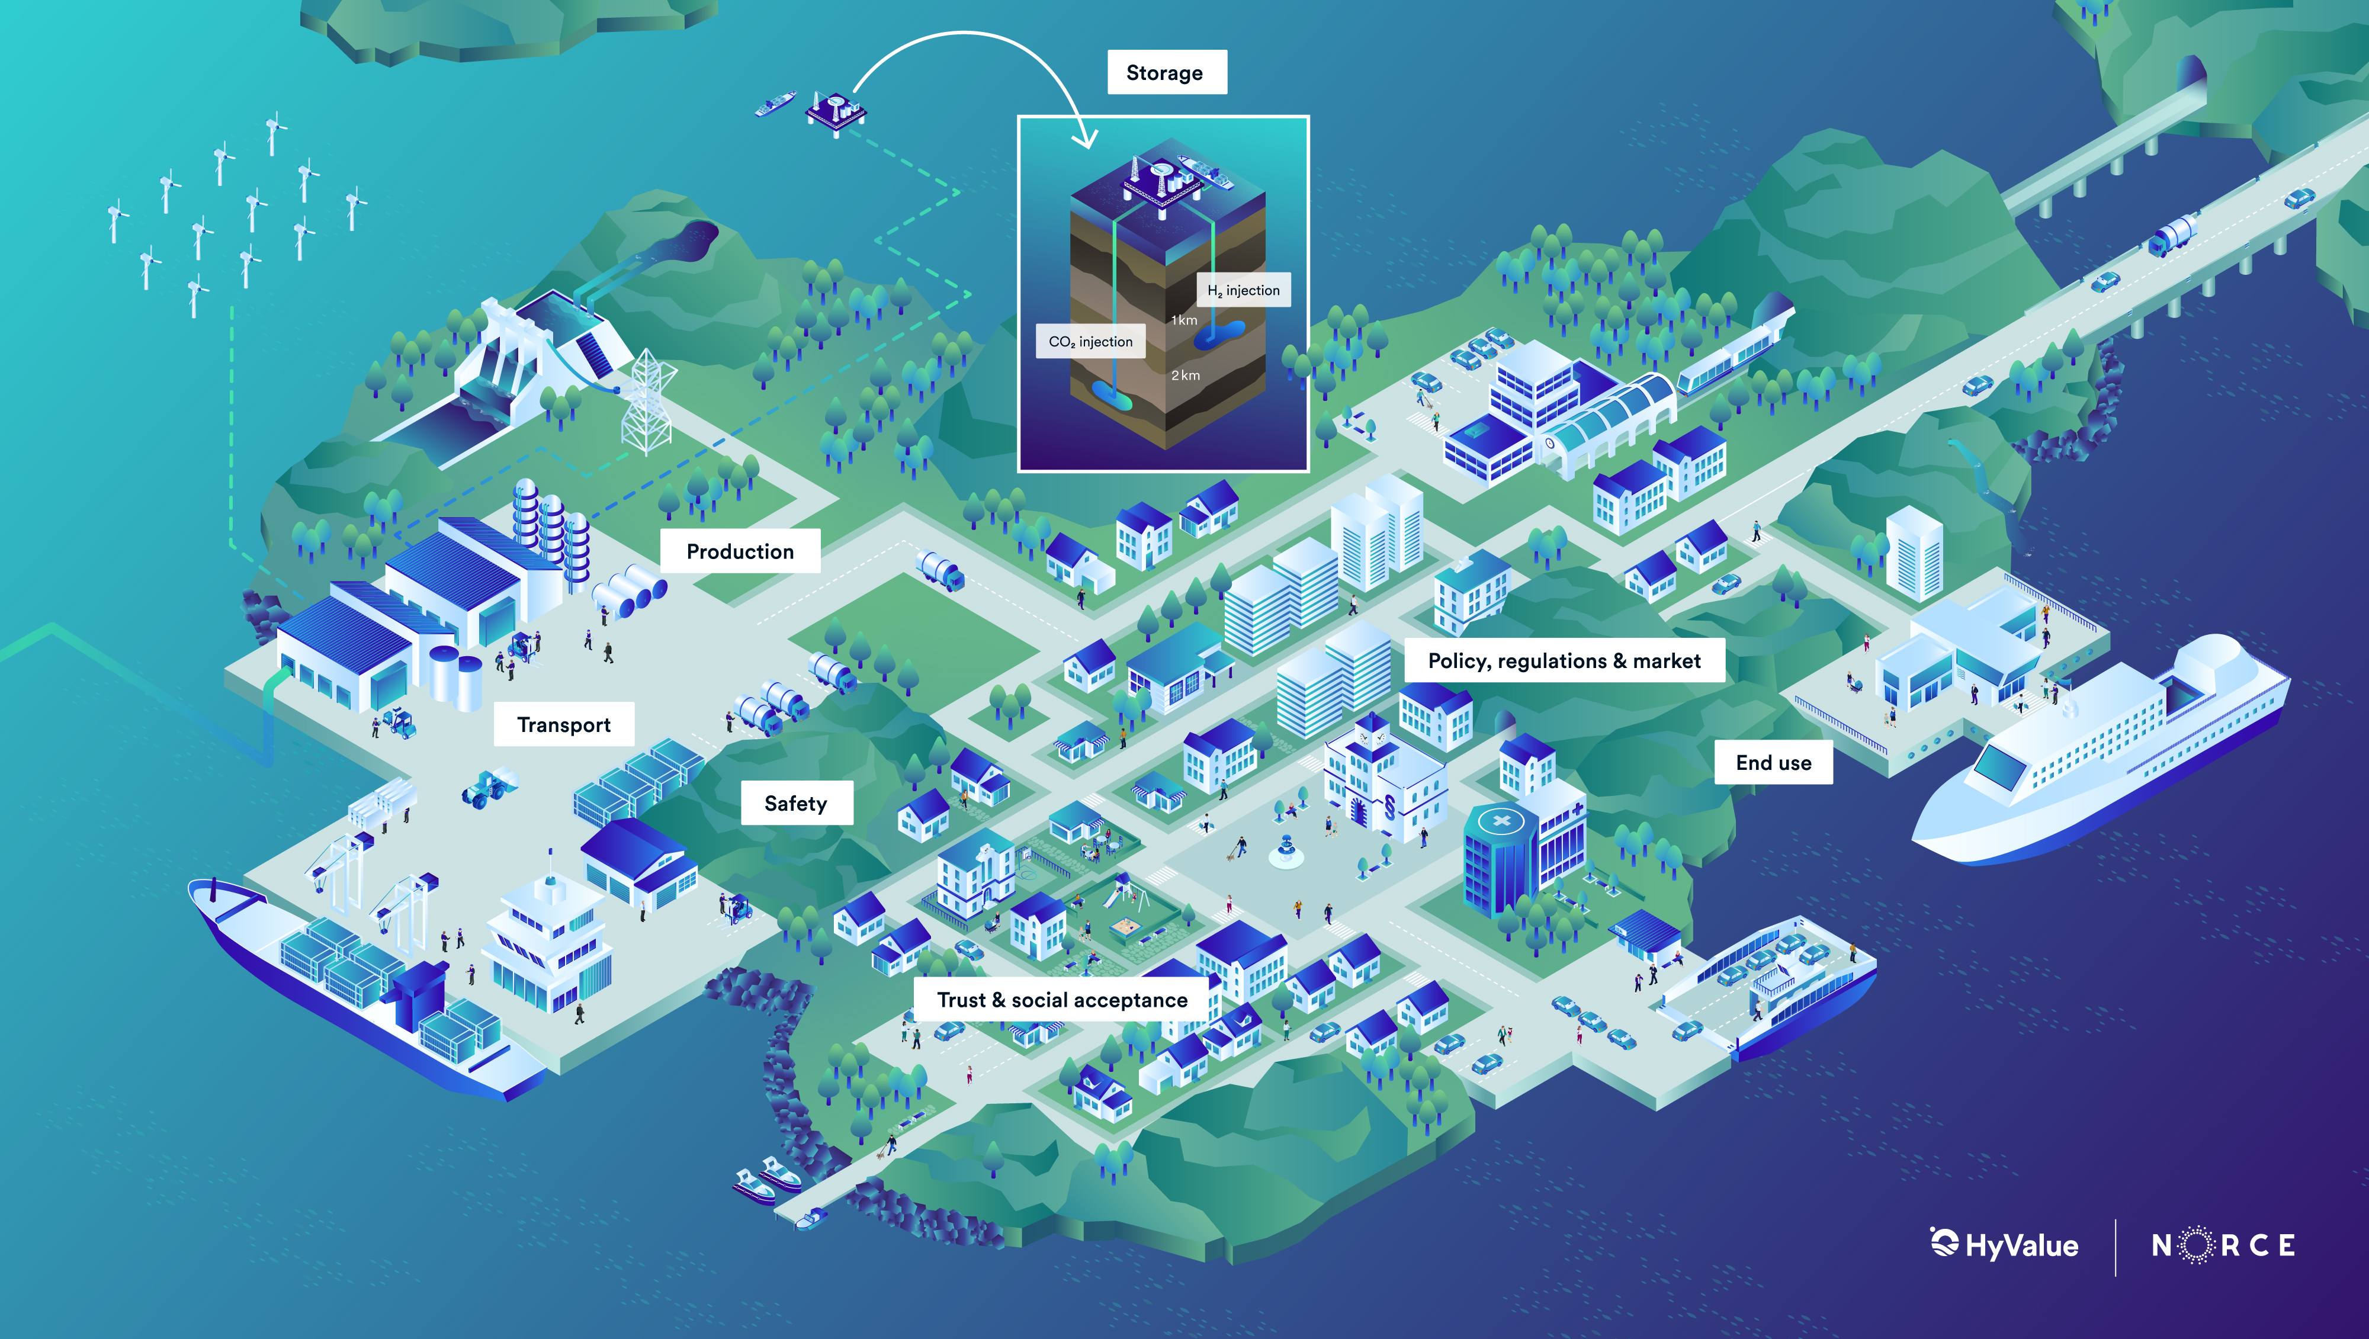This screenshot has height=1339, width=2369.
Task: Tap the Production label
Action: [740, 551]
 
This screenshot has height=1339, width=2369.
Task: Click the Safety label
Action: [797, 803]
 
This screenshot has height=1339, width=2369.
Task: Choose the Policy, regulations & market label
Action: [1564, 660]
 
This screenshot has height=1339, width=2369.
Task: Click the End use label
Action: [1773, 762]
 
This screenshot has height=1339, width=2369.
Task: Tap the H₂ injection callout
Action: [1243, 290]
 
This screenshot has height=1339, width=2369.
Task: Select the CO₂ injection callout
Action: [1091, 341]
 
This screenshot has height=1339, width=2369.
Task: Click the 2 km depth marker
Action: [1186, 375]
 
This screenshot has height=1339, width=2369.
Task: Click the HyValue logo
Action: [2004, 1244]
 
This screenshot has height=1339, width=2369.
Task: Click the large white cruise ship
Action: [2101, 750]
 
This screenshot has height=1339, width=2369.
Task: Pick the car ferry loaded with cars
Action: [1770, 987]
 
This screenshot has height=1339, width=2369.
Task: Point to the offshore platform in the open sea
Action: [836, 112]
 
